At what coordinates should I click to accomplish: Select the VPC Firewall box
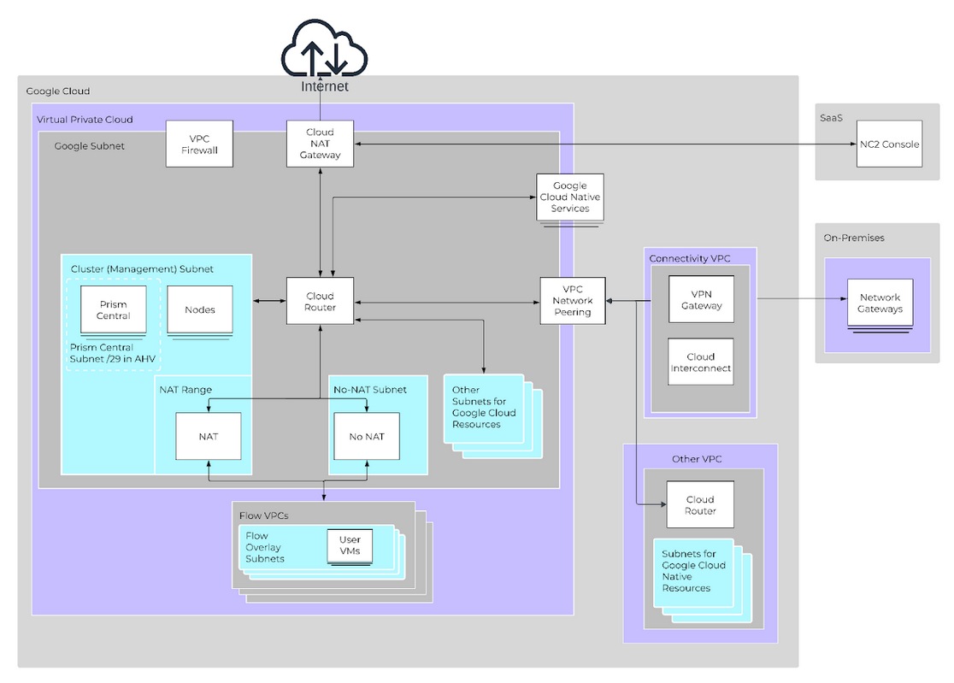coord(199,144)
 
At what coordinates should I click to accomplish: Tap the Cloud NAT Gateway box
coord(320,144)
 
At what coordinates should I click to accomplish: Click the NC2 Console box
coord(890,144)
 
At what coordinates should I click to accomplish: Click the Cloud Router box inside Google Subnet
coord(320,302)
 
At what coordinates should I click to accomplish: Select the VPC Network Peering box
coord(573,301)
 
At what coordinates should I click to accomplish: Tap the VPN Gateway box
coord(701,299)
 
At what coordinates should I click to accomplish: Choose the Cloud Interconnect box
coord(701,362)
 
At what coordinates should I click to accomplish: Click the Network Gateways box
coord(880,303)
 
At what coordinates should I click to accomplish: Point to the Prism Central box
coord(113,309)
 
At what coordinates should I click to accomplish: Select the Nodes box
coord(199,309)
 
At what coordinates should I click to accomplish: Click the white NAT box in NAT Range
coord(208,436)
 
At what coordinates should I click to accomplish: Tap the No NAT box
coord(366,436)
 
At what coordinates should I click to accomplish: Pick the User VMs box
coord(350,545)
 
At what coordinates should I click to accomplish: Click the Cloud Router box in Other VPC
coord(699,505)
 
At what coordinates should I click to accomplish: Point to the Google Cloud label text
coord(58,91)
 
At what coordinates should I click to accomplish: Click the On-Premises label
coord(853,238)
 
